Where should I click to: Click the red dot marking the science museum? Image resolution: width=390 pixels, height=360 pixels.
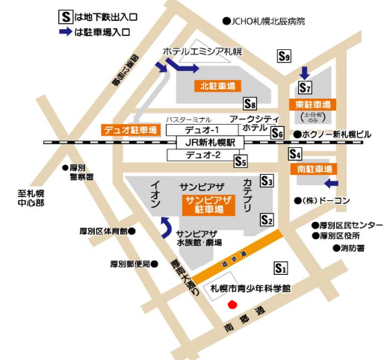[232, 304]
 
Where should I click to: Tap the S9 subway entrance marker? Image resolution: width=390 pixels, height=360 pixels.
[283, 55]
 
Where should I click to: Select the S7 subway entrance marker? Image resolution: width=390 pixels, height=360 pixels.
[304, 87]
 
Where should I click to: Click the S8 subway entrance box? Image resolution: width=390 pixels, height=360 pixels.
[250, 104]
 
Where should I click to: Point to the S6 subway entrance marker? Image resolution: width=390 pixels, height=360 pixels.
[278, 133]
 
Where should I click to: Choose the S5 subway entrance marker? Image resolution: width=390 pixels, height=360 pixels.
[240, 160]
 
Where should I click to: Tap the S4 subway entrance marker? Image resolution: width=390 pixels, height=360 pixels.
[294, 155]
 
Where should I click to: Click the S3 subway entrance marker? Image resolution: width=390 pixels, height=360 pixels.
[267, 180]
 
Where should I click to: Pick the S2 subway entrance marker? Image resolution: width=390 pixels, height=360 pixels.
[267, 219]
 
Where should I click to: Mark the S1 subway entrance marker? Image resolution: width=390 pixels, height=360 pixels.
[281, 267]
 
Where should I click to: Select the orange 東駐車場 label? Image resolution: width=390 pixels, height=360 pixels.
[312, 104]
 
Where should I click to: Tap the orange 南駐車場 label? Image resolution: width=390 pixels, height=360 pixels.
[313, 170]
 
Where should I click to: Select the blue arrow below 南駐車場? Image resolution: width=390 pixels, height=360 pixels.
[332, 184]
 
